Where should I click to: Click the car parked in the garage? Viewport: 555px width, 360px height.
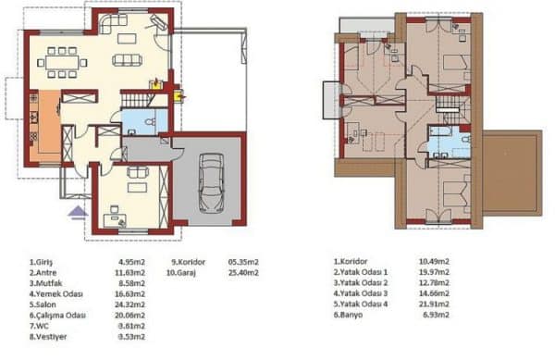tap(213, 183)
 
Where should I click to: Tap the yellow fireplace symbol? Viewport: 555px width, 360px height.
tap(177, 93)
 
